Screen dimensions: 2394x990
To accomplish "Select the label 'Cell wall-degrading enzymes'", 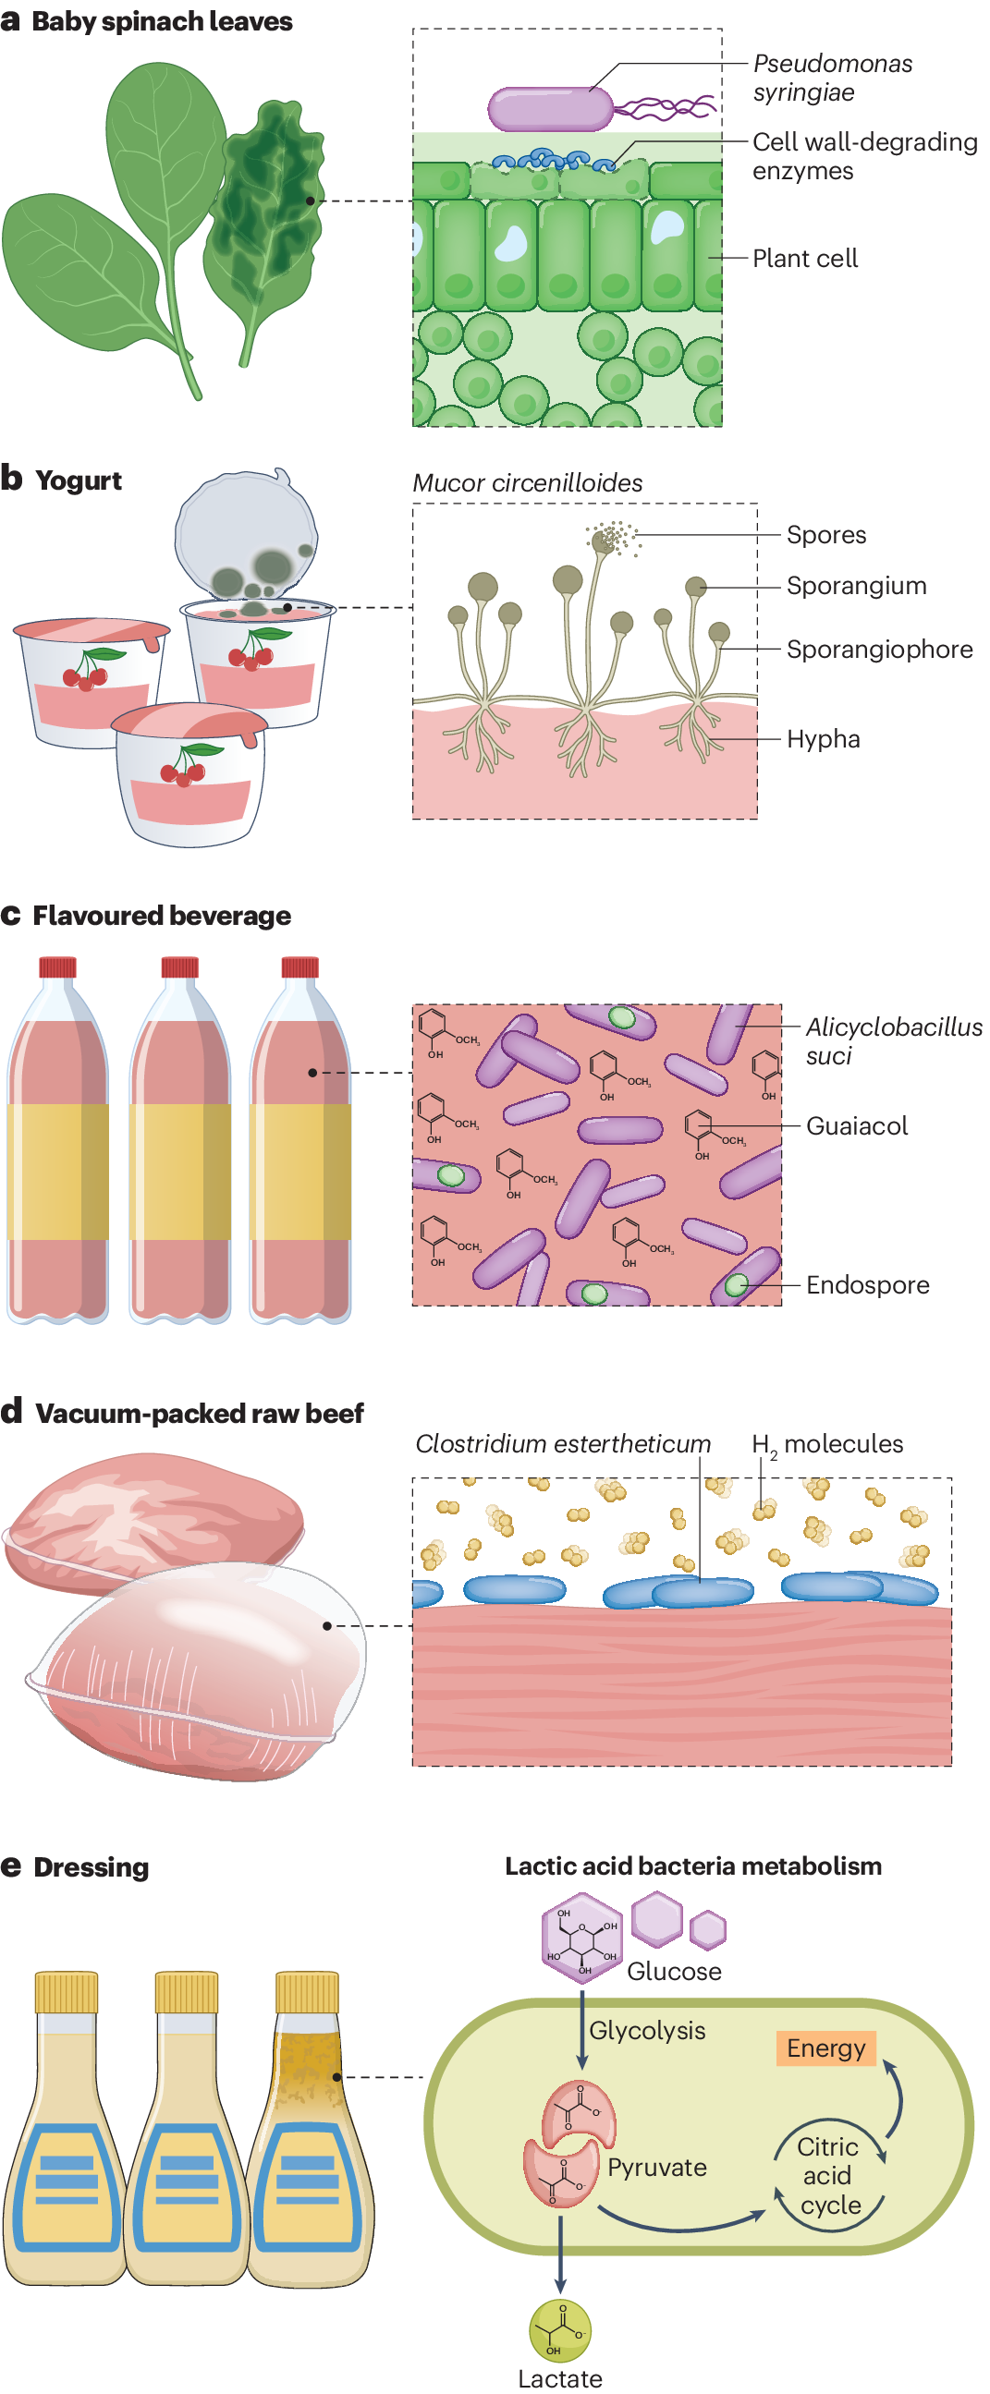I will tap(863, 156).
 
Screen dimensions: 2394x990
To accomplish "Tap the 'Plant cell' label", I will tap(804, 259).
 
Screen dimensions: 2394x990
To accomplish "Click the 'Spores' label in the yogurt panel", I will tap(825, 535).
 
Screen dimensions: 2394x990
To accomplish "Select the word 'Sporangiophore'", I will tap(878, 650).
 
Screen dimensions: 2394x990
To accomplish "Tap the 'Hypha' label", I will tap(823, 740).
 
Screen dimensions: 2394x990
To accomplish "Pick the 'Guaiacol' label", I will tap(856, 1126).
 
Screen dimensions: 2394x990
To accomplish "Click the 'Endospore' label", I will tap(866, 1285).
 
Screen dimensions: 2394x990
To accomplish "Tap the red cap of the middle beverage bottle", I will tap(179, 966).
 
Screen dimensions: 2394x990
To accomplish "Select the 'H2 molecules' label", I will tap(826, 1444).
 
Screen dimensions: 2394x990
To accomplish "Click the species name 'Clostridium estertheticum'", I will tap(562, 1444).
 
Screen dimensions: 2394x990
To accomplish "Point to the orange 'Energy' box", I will tap(825, 2048).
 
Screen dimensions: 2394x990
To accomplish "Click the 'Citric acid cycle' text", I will tap(828, 2176).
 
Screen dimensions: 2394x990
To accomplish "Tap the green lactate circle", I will tap(559, 2330).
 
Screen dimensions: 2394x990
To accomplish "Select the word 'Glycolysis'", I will tap(647, 2031).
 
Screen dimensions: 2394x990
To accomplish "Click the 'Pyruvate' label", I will tap(656, 2168).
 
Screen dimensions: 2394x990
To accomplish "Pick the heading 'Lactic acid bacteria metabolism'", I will tap(692, 1866).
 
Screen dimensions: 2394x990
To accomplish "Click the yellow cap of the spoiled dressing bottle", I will tap(308, 1992).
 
